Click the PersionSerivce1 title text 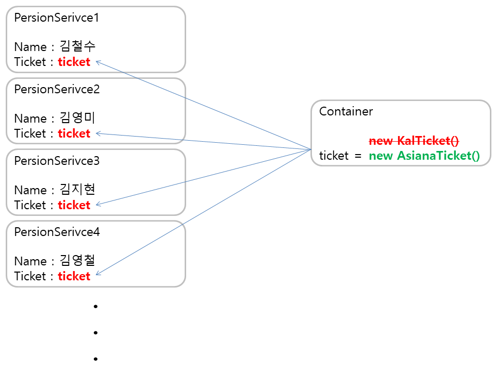coord(57,18)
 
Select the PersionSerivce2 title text coord(57,89)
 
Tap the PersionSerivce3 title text coord(57,161)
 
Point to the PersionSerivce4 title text coord(57,232)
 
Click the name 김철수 coord(78,47)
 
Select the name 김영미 coord(78,118)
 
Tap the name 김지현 coord(78,190)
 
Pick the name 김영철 coord(78,261)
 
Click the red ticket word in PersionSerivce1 coord(74,62)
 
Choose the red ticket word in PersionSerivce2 coord(74,133)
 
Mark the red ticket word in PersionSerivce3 coord(74,205)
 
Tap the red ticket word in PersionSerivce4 coord(74,276)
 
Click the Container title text coord(346,111)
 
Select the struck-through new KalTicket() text coord(415,141)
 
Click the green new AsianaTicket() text coord(424,156)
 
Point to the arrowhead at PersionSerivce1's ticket coord(98,62)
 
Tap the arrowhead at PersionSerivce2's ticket coord(98,133)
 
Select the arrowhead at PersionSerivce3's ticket coord(98,204)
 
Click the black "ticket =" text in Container coord(340,156)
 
